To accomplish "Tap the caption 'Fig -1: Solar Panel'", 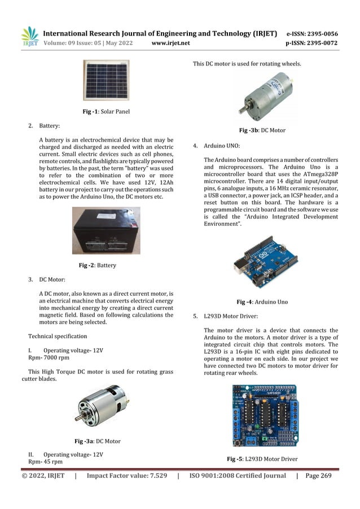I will (x=106, y=112).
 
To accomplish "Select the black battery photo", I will (x=106, y=230).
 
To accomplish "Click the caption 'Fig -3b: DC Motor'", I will (x=262, y=130).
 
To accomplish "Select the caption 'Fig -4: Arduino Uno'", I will (x=262, y=302).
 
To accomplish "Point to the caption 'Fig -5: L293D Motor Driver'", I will (x=262, y=459).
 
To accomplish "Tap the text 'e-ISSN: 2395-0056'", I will (x=312, y=33).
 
